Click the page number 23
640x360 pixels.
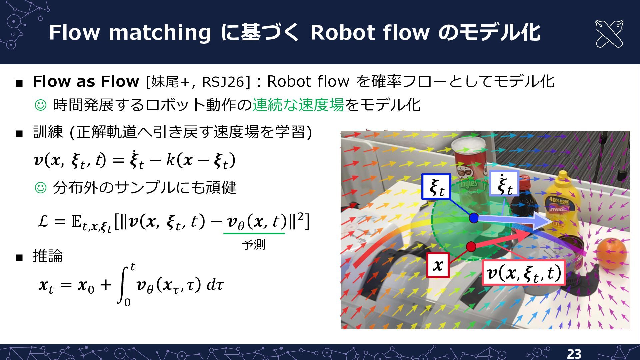tap(574, 354)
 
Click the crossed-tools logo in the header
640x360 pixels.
tap(609, 34)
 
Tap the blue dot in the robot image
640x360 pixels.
tap(474, 218)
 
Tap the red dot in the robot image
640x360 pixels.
tap(471, 247)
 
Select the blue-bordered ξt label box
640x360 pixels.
tap(436, 187)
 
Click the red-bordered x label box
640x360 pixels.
tap(438, 265)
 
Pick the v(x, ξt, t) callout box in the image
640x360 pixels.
tap(524, 273)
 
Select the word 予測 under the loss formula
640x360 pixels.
tap(253, 245)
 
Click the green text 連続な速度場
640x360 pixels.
tap(298, 105)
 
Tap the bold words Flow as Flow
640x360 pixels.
tap(86, 81)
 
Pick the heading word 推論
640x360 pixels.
tap(48, 256)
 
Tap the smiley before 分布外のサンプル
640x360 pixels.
tap(41, 188)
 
